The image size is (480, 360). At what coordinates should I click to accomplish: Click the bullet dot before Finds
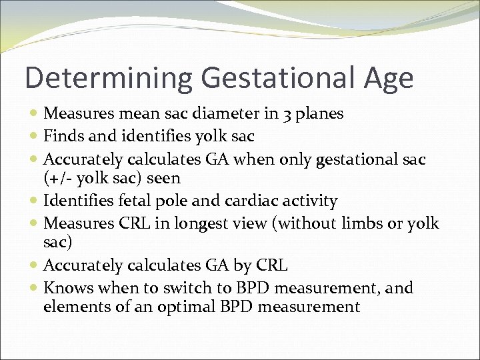[35, 137]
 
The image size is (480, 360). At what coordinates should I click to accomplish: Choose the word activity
[310, 201]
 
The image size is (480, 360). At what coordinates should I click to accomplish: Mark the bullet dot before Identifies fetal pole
[35, 201]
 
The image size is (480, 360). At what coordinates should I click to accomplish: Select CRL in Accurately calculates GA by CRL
[271, 266]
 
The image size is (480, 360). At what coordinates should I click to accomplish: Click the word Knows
[68, 288]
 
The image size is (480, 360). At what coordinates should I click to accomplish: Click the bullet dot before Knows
[35, 289]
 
